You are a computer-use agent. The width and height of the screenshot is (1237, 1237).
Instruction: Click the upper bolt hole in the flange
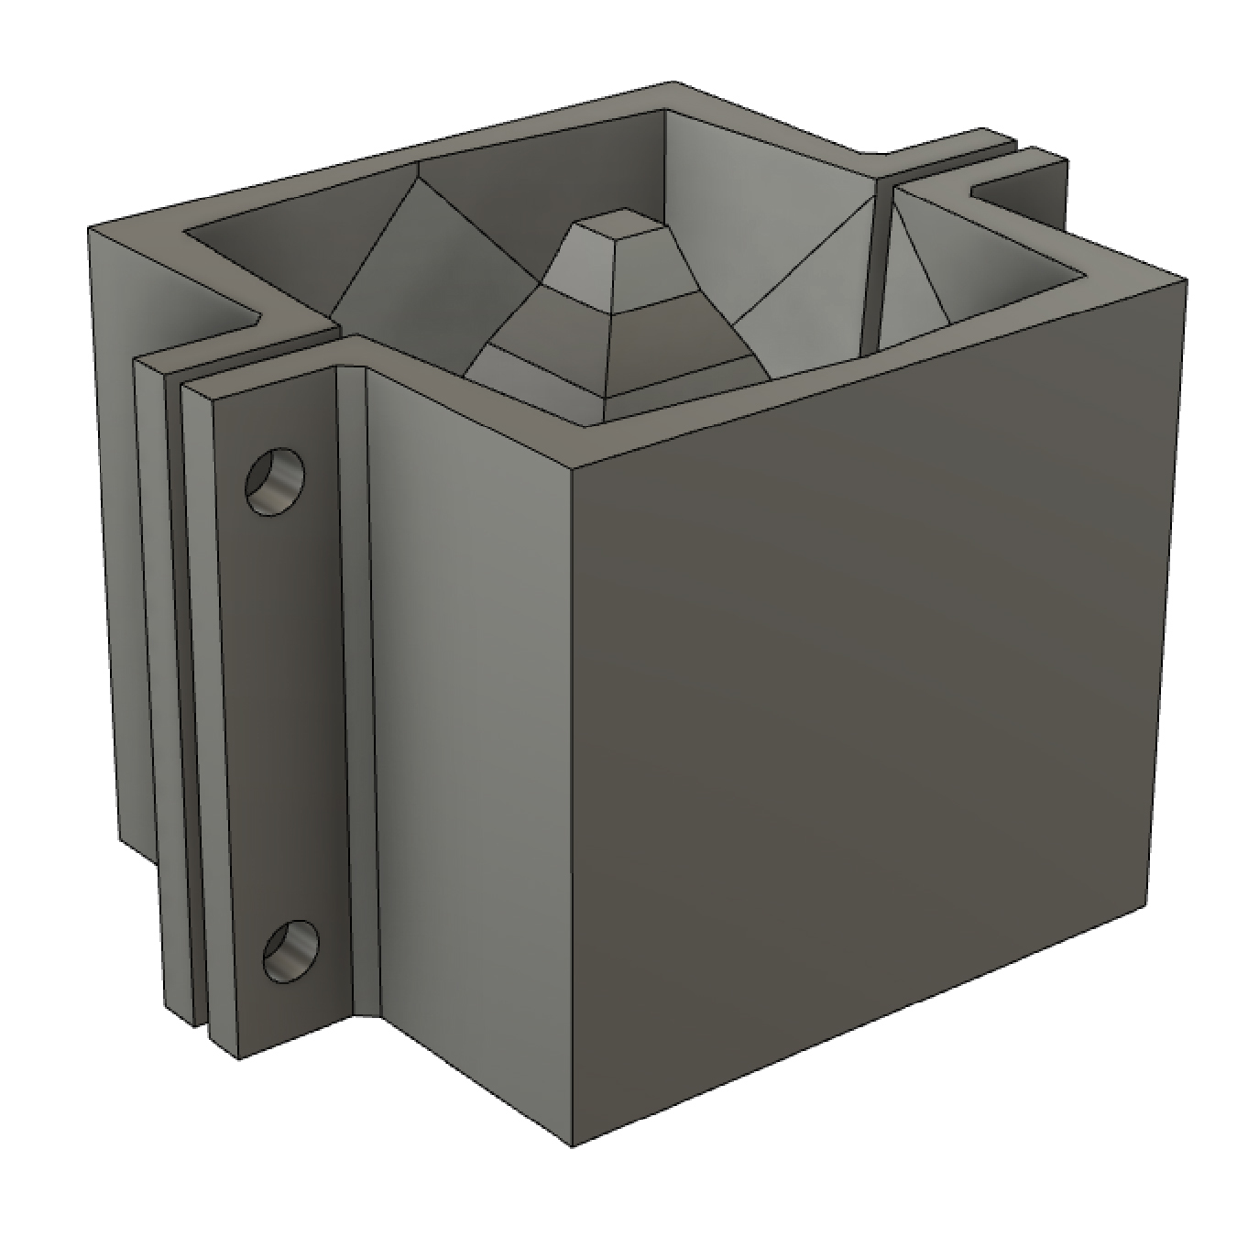[x=274, y=479]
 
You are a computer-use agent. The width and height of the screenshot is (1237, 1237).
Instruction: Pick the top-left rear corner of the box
[x=89, y=229]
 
